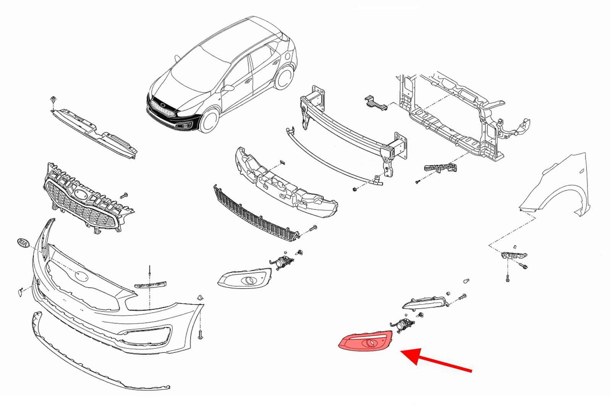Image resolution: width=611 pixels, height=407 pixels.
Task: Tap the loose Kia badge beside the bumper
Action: (23, 243)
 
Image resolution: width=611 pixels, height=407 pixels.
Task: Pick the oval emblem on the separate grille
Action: (81, 196)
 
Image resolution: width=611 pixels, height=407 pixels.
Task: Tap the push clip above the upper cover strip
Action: (53, 100)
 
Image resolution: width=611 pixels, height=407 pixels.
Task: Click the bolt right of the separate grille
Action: (124, 196)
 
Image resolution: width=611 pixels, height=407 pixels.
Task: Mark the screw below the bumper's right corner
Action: (201, 335)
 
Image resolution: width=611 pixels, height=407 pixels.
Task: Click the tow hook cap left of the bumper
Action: (21, 292)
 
